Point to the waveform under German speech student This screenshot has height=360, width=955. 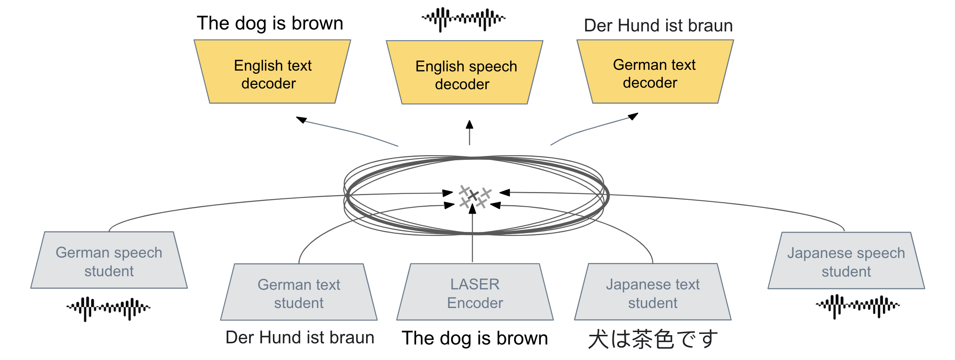[x=108, y=308]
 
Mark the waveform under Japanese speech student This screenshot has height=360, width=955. [x=858, y=306]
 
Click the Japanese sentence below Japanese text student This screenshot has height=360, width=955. [x=653, y=339]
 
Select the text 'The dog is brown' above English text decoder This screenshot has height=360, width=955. [x=270, y=23]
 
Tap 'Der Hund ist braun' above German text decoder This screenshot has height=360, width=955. [x=658, y=26]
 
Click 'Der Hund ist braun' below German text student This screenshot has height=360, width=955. [x=300, y=337]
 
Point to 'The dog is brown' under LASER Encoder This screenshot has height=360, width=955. [x=475, y=338]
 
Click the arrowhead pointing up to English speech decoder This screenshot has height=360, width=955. [x=469, y=125]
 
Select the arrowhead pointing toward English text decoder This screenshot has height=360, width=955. [x=301, y=119]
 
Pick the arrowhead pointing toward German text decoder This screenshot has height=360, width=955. [x=633, y=116]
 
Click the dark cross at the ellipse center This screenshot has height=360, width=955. [x=473, y=195]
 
